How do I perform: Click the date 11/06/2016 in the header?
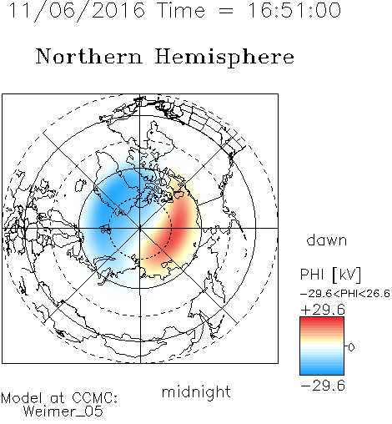[x=77, y=11]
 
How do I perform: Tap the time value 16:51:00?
[x=294, y=10]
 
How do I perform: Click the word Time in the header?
[x=181, y=10]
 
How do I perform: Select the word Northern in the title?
[x=89, y=56]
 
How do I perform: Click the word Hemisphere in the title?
[x=224, y=58]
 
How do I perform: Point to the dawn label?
[x=327, y=240]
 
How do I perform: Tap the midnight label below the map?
[x=196, y=391]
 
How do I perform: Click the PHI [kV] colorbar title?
[x=330, y=275]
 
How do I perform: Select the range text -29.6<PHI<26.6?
[x=345, y=294]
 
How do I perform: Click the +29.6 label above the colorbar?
[x=323, y=310]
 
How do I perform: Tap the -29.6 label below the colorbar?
[x=323, y=386]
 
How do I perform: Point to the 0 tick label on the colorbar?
[x=351, y=347]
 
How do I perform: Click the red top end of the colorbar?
[x=322, y=320]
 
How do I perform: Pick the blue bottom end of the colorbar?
[x=322, y=372]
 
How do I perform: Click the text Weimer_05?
[x=63, y=411]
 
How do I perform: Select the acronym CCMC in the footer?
[x=94, y=398]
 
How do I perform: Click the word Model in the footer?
[x=22, y=398]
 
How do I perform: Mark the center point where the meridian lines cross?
[x=140, y=228]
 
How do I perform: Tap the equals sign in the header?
[x=226, y=12]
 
